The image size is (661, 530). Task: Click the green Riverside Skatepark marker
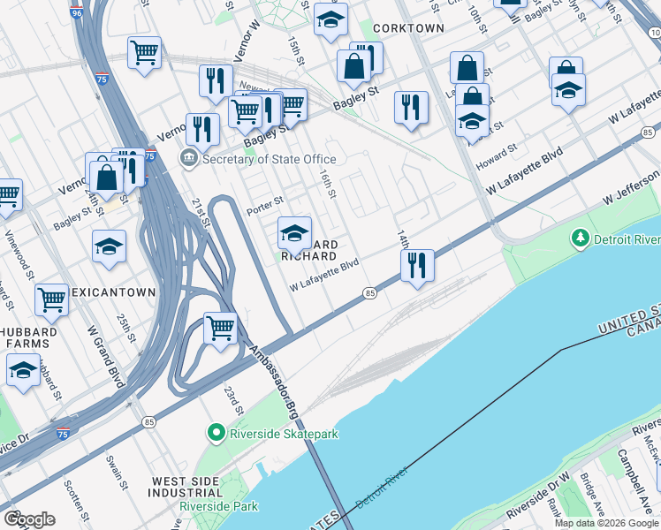215,433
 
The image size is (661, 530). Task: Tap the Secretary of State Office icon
188,159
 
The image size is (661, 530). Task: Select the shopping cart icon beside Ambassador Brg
220,329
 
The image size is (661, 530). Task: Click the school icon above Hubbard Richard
294,233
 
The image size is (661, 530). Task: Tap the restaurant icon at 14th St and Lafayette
417,265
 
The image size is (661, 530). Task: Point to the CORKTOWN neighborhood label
408,28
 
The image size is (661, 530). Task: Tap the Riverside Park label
219,506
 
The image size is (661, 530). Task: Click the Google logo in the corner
29,519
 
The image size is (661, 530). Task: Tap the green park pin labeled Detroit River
580,238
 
